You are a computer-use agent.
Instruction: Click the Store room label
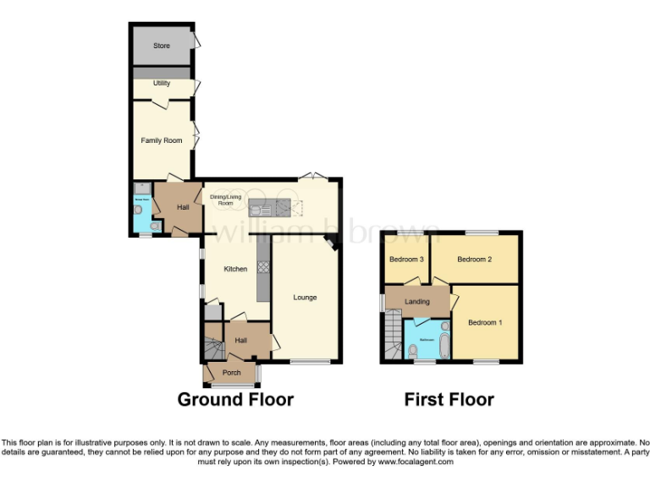click(161, 45)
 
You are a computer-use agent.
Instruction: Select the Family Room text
click(162, 140)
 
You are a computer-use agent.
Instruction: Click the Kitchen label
click(235, 269)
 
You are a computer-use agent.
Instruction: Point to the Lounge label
click(306, 297)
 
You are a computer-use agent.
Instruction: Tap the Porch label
click(231, 373)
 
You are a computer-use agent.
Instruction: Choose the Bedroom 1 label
click(485, 322)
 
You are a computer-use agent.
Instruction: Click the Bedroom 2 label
click(474, 260)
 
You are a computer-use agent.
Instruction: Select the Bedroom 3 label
click(406, 260)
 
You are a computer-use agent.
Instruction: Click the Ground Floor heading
click(235, 400)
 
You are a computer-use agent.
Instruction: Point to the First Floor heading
click(449, 400)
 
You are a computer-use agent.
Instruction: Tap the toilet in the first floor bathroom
click(414, 349)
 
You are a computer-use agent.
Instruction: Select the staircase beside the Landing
click(392, 336)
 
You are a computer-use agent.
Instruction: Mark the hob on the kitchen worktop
click(262, 267)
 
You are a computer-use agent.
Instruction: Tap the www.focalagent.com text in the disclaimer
click(415, 462)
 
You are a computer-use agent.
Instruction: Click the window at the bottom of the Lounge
click(311, 363)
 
